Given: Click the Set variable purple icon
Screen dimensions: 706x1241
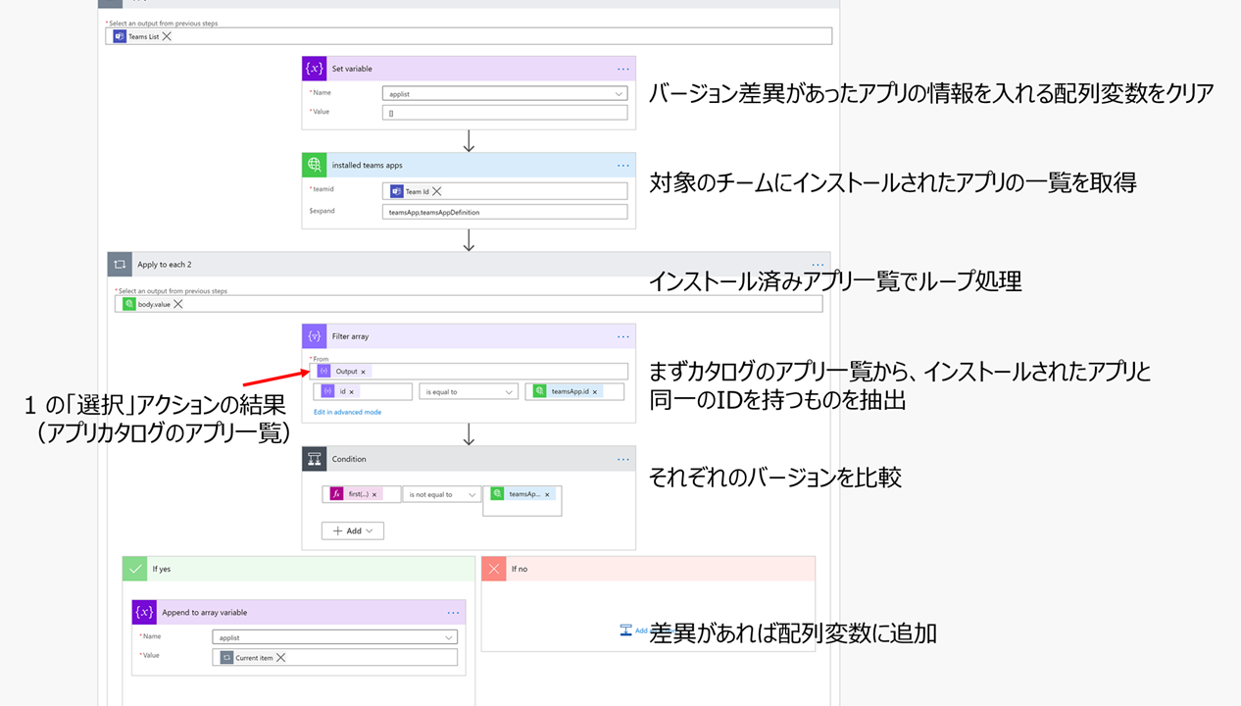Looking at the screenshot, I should [315, 69].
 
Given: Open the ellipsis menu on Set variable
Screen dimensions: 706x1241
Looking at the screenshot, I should [623, 69].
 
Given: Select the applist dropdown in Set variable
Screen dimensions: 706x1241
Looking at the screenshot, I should [505, 94].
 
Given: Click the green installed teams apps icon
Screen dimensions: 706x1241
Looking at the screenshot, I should [315, 165].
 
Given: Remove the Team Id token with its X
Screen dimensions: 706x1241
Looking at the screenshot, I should [437, 191].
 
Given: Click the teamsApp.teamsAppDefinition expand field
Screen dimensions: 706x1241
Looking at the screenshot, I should [505, 212].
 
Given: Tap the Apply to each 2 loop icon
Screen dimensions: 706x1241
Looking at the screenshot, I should [120, 265].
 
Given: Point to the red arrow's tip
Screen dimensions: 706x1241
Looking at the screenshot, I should [308, 371].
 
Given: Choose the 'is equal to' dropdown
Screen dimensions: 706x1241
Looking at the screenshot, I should [469, 391].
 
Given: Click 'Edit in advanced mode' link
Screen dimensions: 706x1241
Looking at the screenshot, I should [347, 412].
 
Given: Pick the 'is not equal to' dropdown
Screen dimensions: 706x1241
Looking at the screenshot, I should [441, 494].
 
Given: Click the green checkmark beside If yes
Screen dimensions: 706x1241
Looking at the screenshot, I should [134, 569].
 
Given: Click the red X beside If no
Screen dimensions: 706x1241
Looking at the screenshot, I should [494, 569].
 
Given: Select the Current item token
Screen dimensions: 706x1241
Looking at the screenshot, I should [253, 658].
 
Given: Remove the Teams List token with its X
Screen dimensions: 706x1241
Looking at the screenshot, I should [167, 36].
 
